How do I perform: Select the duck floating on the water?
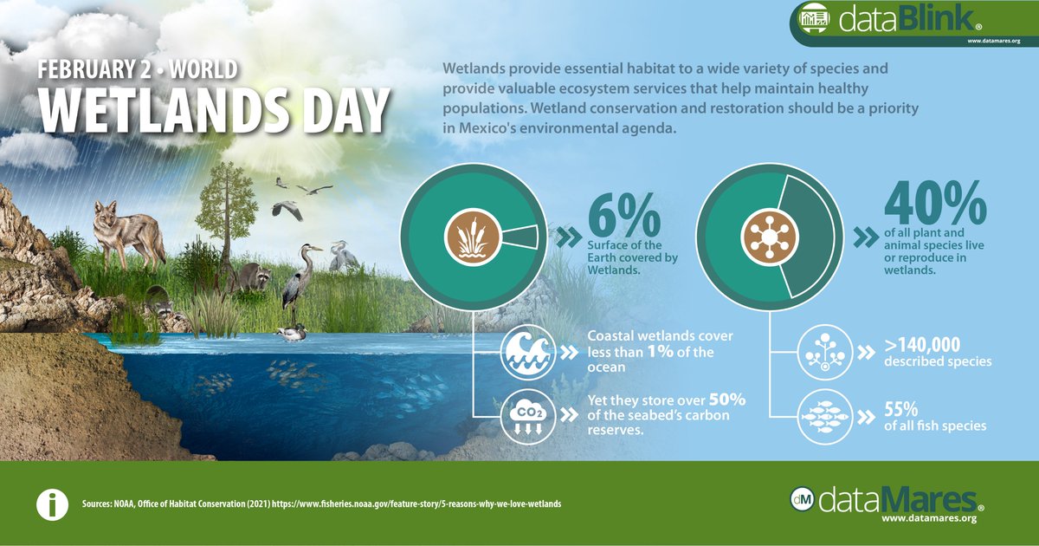click(292, 332)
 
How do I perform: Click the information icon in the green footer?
click(51, 504)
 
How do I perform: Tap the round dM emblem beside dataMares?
click(803, 499)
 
